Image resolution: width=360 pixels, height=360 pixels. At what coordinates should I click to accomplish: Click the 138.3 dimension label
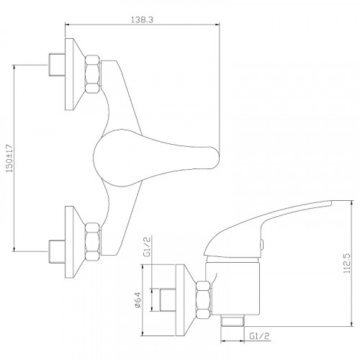click(142, 19)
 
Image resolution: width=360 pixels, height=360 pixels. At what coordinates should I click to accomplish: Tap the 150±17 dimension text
click(10, 158)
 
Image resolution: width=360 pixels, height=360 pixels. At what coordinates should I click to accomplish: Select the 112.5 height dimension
click(347, 264)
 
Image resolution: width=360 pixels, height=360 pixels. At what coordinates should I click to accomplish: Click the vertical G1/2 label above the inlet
click(147, 247)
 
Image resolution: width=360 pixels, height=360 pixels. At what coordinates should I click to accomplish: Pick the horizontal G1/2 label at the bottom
click(260, 336)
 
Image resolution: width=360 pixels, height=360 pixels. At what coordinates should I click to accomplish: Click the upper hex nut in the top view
click(93, 74)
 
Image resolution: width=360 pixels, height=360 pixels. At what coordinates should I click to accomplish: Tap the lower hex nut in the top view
click(93, 242)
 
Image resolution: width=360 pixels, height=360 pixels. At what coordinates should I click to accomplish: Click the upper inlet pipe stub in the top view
click(57, 65)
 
